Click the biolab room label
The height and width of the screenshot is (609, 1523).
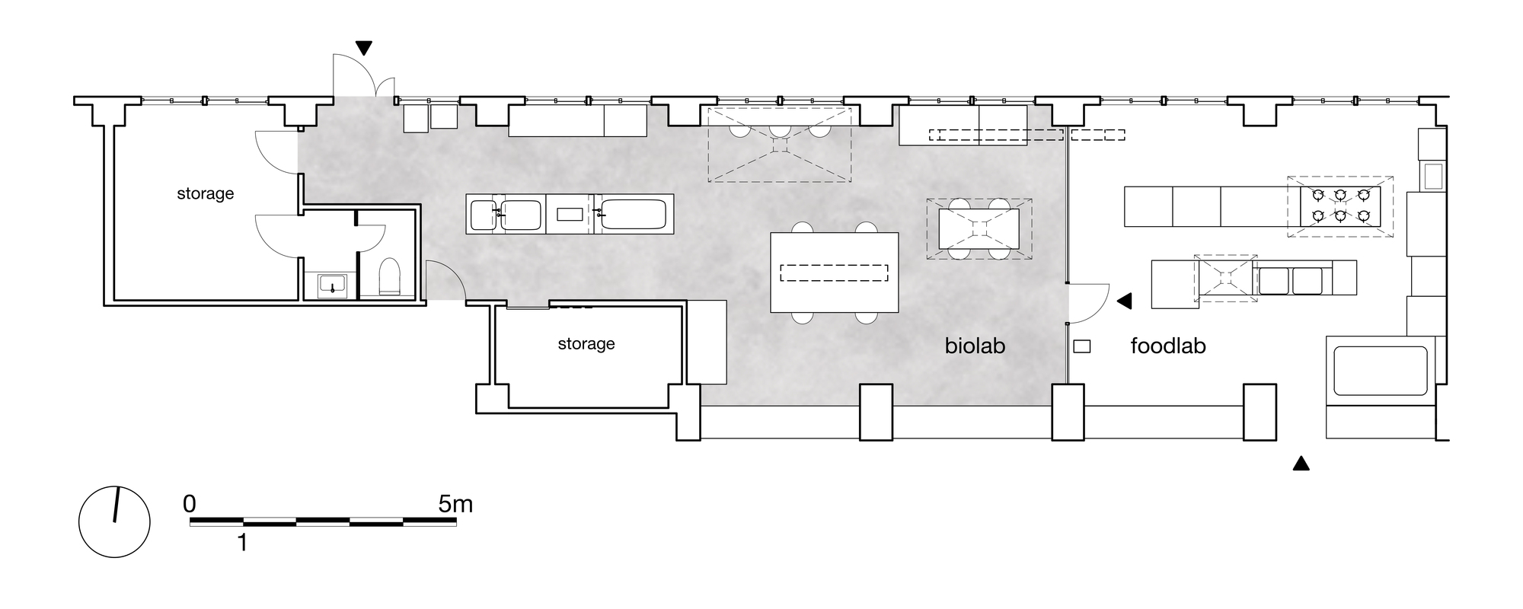975,346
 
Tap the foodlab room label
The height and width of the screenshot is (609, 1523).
1168,346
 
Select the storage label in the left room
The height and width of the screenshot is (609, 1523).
205,194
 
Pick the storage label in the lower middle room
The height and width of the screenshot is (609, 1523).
586,344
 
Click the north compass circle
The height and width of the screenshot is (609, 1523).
114,522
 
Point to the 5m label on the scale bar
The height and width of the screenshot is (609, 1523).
455,504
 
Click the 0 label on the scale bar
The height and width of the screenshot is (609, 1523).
190,504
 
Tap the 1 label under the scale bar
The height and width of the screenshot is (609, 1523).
243,543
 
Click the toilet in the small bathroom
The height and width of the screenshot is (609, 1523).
389,277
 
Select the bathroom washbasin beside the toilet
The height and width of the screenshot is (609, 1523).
332,285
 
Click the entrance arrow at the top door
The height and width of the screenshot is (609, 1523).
364,48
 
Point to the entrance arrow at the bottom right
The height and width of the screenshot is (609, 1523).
1301,463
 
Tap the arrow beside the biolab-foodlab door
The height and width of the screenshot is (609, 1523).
1124,301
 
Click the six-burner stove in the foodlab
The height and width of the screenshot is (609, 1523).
1341,206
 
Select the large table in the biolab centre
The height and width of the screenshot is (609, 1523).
835,273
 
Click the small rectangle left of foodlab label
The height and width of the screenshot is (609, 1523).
1081,346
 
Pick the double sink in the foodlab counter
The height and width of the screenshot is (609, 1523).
1290,281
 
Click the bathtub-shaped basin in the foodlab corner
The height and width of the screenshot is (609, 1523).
1380,371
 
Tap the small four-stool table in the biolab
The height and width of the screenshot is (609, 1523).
979,228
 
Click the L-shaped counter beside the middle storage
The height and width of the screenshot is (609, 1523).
707,342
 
